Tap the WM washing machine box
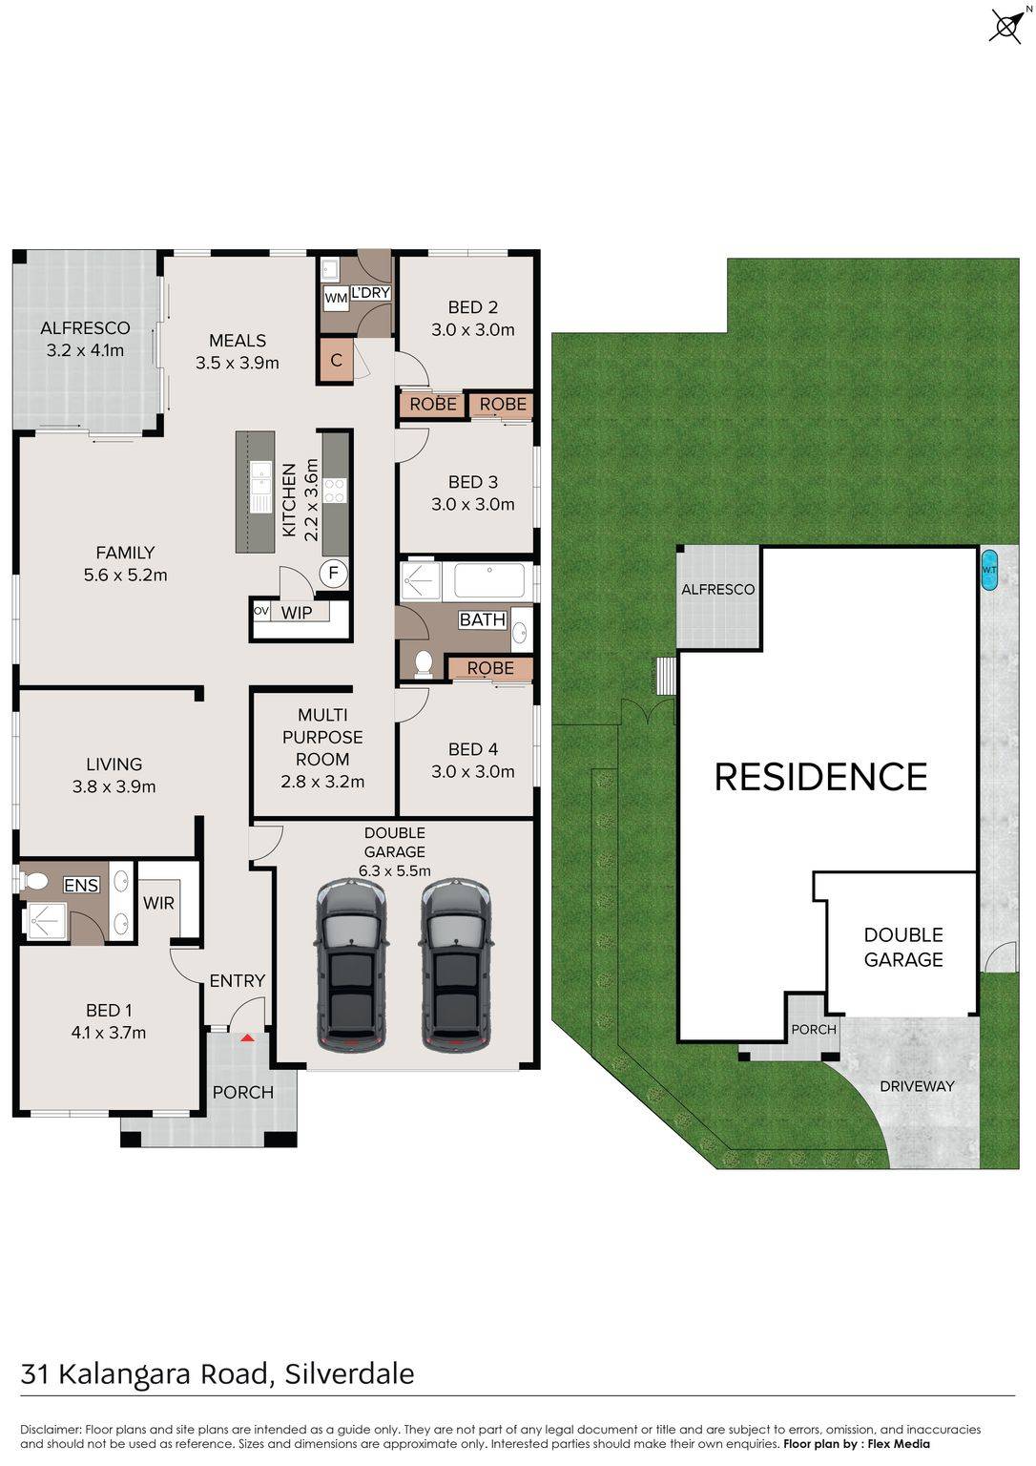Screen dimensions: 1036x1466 (x=336, y=299)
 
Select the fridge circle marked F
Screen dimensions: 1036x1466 (x=333, y=574)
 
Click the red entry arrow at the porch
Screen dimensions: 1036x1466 (x=246, y=1037)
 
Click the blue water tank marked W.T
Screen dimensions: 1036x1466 (x=989, y=570)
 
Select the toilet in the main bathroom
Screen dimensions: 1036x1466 (x=424, y=663)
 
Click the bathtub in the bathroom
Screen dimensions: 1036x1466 (x=489, y=580)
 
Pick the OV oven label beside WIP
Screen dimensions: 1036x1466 (x=261, y=611)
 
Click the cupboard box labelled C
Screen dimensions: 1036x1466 (x=336, y=359)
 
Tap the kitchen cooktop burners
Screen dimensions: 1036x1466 (x=334, y=491)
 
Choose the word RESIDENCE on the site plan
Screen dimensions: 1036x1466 (x=820, y=777)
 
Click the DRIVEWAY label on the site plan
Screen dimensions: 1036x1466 (x=917, y=1086)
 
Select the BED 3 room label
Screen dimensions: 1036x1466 (x=473, y=482)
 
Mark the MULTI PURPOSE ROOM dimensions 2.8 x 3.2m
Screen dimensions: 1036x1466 (x=322, y=782)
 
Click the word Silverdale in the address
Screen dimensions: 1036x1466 (x=350, y=1374)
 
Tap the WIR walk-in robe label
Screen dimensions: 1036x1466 (x=158, y=903)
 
